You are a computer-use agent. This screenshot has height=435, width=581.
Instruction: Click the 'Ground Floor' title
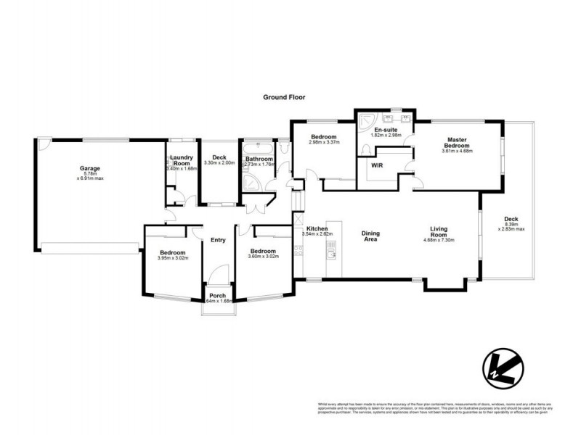285,96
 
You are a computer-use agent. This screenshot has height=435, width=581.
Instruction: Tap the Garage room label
90,169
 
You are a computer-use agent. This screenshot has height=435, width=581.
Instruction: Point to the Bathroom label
259,159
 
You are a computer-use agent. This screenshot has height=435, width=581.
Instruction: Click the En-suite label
385,129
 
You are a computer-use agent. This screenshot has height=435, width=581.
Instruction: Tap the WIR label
377,165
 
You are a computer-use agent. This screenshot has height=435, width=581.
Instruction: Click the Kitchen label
317,228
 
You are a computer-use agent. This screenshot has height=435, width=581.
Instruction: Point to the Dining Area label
371,236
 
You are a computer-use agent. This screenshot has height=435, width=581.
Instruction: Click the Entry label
218,240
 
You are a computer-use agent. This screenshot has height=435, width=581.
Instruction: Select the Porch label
217,296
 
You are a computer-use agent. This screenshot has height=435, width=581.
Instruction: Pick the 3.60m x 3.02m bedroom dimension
263,257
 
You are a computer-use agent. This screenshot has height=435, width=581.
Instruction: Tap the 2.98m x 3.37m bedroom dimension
323,143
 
